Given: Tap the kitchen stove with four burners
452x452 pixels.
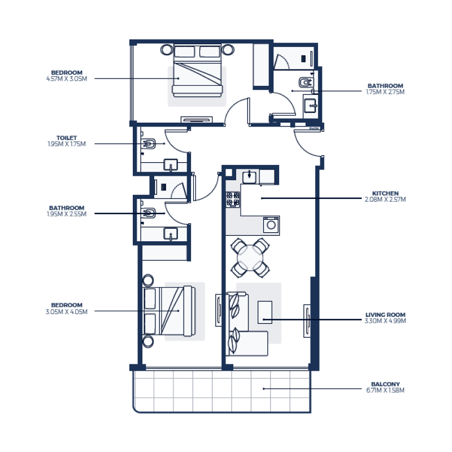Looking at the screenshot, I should pyautogui.click(x=233, y=199).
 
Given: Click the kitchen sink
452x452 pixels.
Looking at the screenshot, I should pyautogui.click(x=249, y=177).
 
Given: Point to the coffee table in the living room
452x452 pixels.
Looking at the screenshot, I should pyautogui.click(x=264, y=312).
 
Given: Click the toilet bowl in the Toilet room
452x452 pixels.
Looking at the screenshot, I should pyautogui.click(x=149, y=144).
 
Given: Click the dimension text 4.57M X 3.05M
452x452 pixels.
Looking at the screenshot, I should pyautogui.click(x=67, y=79).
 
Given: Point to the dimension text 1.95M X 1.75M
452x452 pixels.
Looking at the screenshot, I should pyautogui.click(x=67, y=144).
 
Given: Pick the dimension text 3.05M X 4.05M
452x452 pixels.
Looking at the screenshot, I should pyautogui.click(x=67, y=311).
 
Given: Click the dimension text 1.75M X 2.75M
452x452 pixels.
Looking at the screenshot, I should pyautogui.click(x=386, y=92).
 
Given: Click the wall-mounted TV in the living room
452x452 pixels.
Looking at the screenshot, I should pyautogui.click(x=308, y=320).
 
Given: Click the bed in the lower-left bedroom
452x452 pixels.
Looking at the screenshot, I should pyautogui.click(x=169, y=310).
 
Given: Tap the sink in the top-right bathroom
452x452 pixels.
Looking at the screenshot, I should pyautogui.click(x=310, y=105).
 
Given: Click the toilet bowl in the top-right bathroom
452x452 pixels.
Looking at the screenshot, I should pyautogui.click(x=305, y=83).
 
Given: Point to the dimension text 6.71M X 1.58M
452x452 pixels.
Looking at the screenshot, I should pyautogui.click(x=386, y=390).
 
